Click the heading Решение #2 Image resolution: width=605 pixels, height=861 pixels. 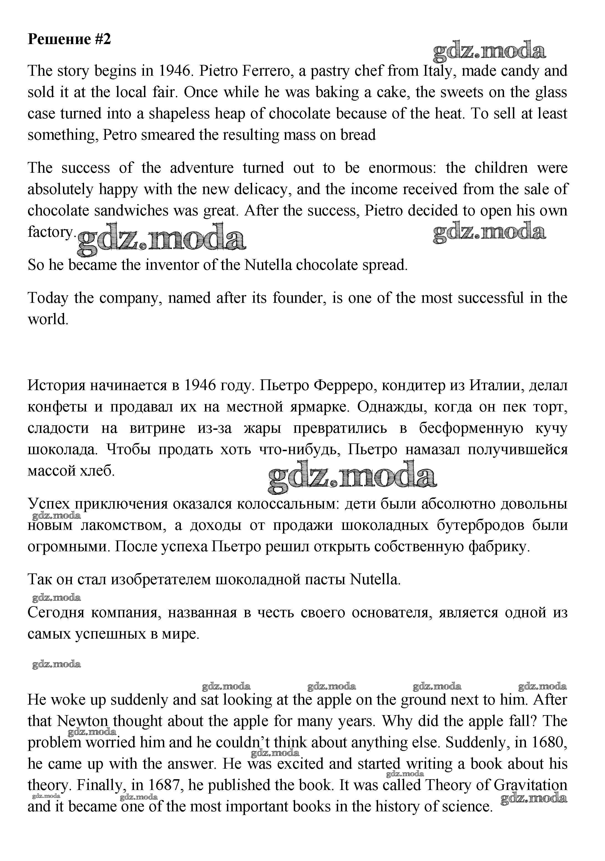pyautogui.click(x=69, y=39)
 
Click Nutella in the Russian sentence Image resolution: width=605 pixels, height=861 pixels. pyautogui.click(x=375, y=580)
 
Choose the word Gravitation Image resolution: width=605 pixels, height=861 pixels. pyautogui.click(x=530, y=785)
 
